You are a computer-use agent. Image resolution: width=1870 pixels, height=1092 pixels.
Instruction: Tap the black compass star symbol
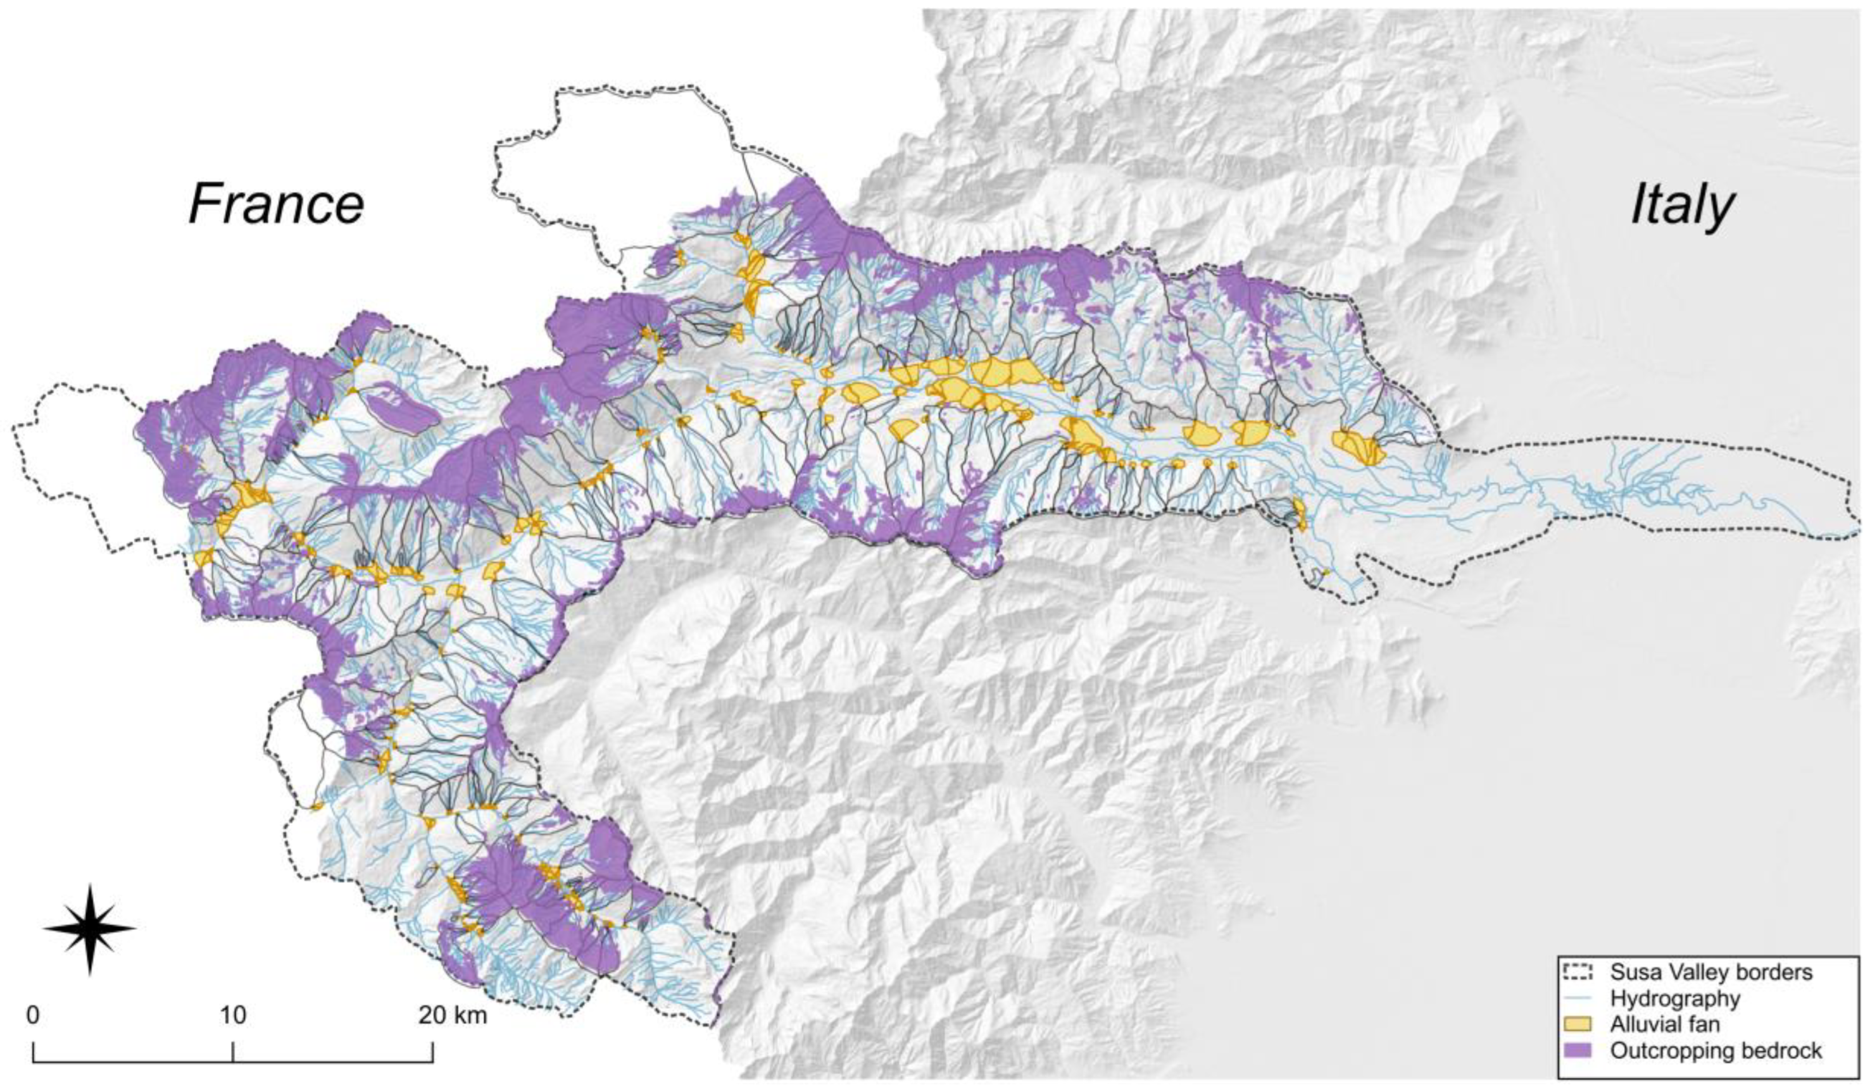(90, 928)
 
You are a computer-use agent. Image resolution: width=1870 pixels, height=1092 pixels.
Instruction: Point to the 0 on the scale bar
(33, 1015)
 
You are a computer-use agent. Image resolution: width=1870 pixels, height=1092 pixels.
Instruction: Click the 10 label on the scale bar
(232, 1015)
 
